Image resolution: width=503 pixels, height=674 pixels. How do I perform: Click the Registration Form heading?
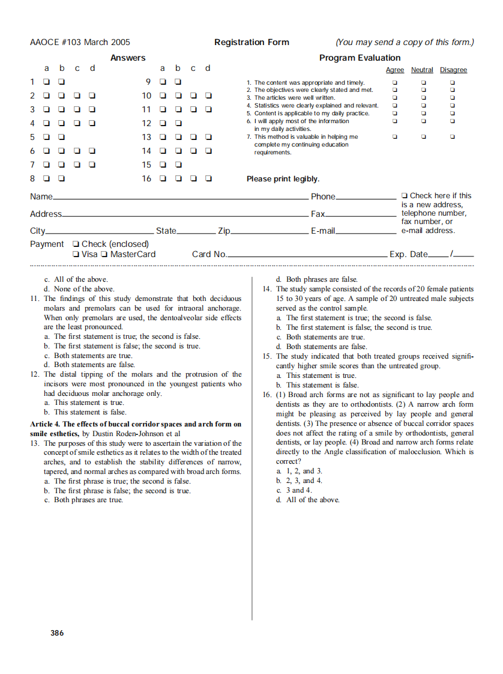click(x=251, y=42)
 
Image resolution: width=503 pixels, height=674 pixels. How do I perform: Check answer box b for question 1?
click(x=61, y=82)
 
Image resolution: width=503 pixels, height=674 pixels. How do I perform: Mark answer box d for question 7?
click(x=92, y=165)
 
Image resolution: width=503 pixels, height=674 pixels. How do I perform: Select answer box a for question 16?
click(x=162, y=178)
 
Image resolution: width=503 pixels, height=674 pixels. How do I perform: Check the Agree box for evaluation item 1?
click(x=394, y=82)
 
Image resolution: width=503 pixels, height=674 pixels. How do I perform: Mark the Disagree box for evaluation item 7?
click(x=453, y=136)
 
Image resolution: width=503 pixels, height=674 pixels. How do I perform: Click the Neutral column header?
click(x=422, y=70)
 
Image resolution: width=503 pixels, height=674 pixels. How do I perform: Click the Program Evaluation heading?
click(x=360, y=58)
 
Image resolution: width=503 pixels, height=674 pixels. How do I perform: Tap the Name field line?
click(x=180, y=198)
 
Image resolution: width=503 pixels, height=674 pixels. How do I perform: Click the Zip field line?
click(x=270, y=232)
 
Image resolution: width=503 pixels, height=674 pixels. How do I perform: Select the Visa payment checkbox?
click(x=76, y=254)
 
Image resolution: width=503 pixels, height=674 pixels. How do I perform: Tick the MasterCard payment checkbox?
click(x=104, y=254)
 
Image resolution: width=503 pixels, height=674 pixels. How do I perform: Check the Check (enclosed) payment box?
click(x=76, y=244)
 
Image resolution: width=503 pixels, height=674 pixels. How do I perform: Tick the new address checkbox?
click(x=405, y=196)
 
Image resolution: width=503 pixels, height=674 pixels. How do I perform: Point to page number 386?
click(x=57, y=633)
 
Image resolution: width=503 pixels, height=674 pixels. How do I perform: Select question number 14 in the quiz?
click(x=267, y=289)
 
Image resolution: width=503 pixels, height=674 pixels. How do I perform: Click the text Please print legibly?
click(x=283, y=179)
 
